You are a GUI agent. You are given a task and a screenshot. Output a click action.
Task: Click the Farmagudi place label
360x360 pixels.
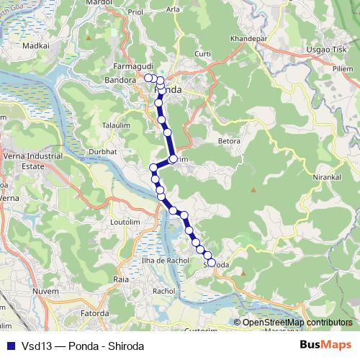tap(130, 66)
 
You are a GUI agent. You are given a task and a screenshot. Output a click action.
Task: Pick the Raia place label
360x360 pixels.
tap(121, 277)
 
